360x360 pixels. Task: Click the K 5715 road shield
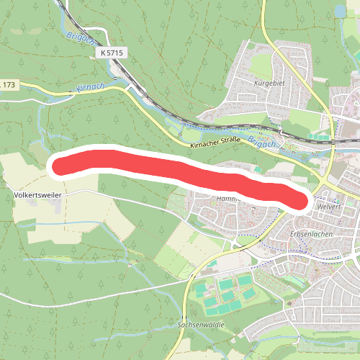click(x=112, y=53)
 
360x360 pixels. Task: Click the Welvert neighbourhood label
click(x=328, y=207)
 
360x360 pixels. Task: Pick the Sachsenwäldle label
click(x=201, y=325)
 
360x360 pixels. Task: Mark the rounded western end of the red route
click(x=59, y=164)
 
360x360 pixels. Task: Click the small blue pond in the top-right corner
click(x=339, y=9)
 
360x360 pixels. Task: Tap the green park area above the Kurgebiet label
click(x=259, y=65)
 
